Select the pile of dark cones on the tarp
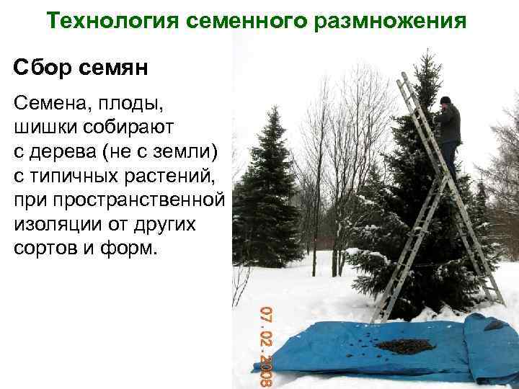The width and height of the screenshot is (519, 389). (x=405, y=346)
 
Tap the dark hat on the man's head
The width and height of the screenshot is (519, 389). (x=445, y=100)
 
